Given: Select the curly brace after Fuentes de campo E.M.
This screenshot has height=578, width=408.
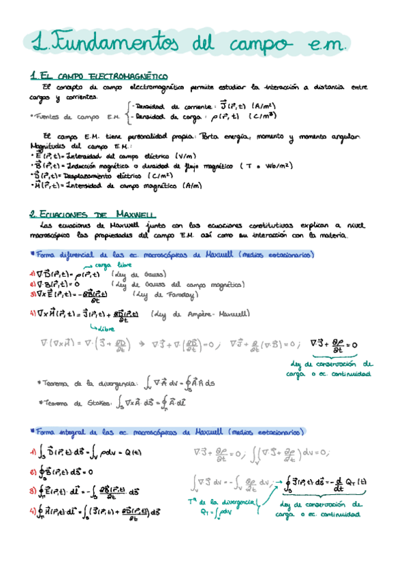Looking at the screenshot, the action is [129, 111].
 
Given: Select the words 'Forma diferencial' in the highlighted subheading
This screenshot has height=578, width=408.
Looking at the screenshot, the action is [63, 254].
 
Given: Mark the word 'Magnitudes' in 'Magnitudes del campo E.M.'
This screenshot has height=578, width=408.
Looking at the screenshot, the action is [52, 145].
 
